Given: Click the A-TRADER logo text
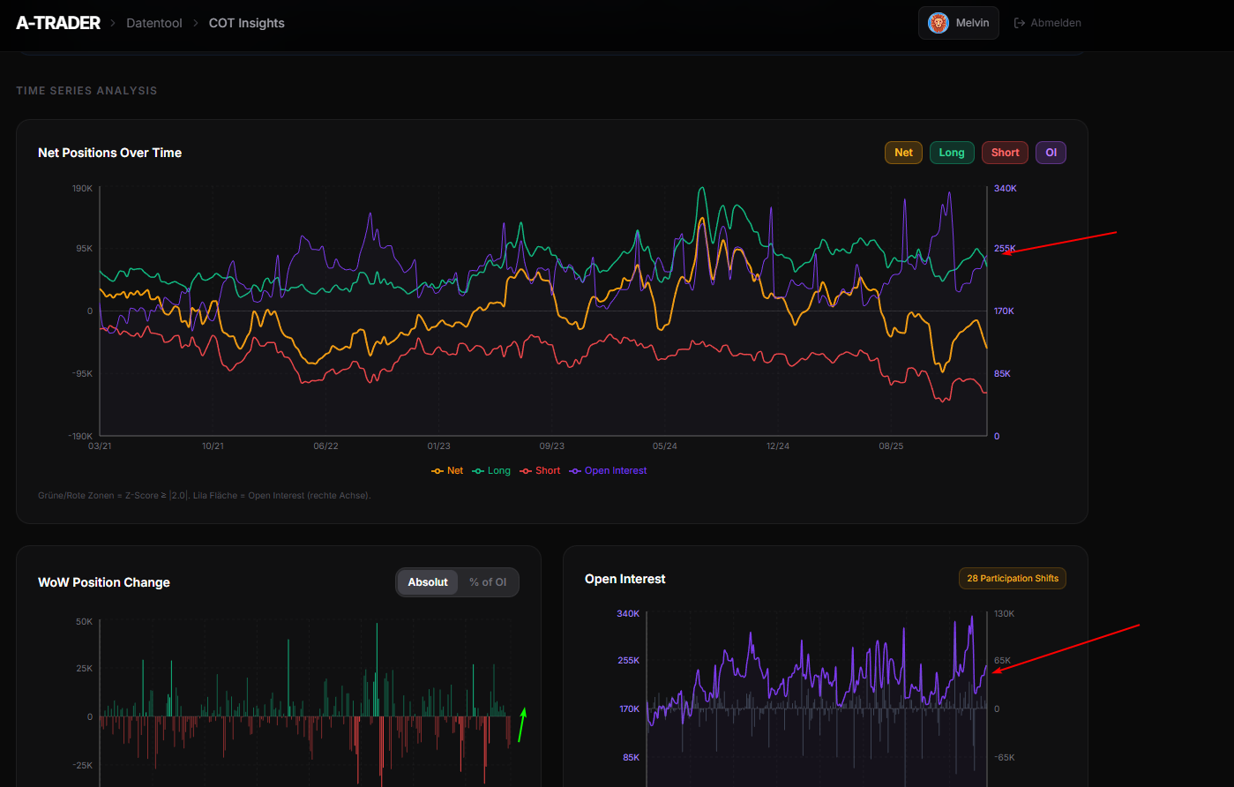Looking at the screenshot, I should coord(58,23).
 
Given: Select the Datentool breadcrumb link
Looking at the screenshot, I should coord(154,23).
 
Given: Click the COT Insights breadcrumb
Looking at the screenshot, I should coord(246,23).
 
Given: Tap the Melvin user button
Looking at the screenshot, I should coord(959,23).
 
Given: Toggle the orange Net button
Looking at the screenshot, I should coord(903,153).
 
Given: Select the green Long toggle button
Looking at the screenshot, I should coord(952,153).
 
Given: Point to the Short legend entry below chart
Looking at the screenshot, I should coord(541,471).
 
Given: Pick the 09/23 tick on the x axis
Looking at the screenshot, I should coord(551,446).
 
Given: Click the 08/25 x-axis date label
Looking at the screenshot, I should coord(891,446).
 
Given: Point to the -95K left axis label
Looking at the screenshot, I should coord(80,374).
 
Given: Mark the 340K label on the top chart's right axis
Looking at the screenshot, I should coord(1006,189).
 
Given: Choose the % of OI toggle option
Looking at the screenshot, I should coord(488,582).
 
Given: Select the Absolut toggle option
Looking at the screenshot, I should coord(428,582).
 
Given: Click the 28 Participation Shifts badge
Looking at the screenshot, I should coord(1012,579).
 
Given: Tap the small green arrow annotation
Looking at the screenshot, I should coord(522,724).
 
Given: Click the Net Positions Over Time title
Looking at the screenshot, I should coord(109,153).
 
